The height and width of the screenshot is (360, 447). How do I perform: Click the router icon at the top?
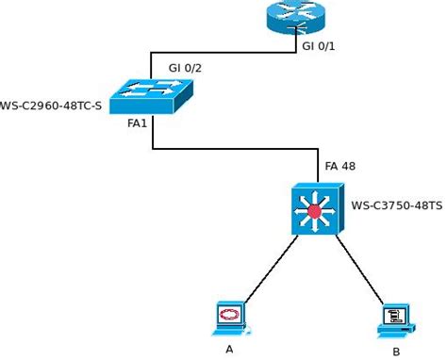coord(293,17)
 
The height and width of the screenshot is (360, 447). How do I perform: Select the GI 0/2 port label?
coord(185,68)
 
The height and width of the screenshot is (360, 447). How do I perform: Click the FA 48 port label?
coord(339,166)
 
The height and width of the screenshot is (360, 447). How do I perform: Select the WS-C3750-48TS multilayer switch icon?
coord(315,208)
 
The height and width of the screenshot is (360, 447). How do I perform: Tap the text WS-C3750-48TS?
coord(396,205)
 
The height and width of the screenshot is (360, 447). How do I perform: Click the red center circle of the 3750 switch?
coord(315,210)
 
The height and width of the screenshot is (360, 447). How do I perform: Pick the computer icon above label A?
coord(229,318)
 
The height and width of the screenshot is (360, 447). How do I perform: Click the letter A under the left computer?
coord(229,350)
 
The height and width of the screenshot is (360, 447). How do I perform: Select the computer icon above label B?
coord(394,319)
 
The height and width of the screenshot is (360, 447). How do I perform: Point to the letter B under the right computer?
coord(396,352)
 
